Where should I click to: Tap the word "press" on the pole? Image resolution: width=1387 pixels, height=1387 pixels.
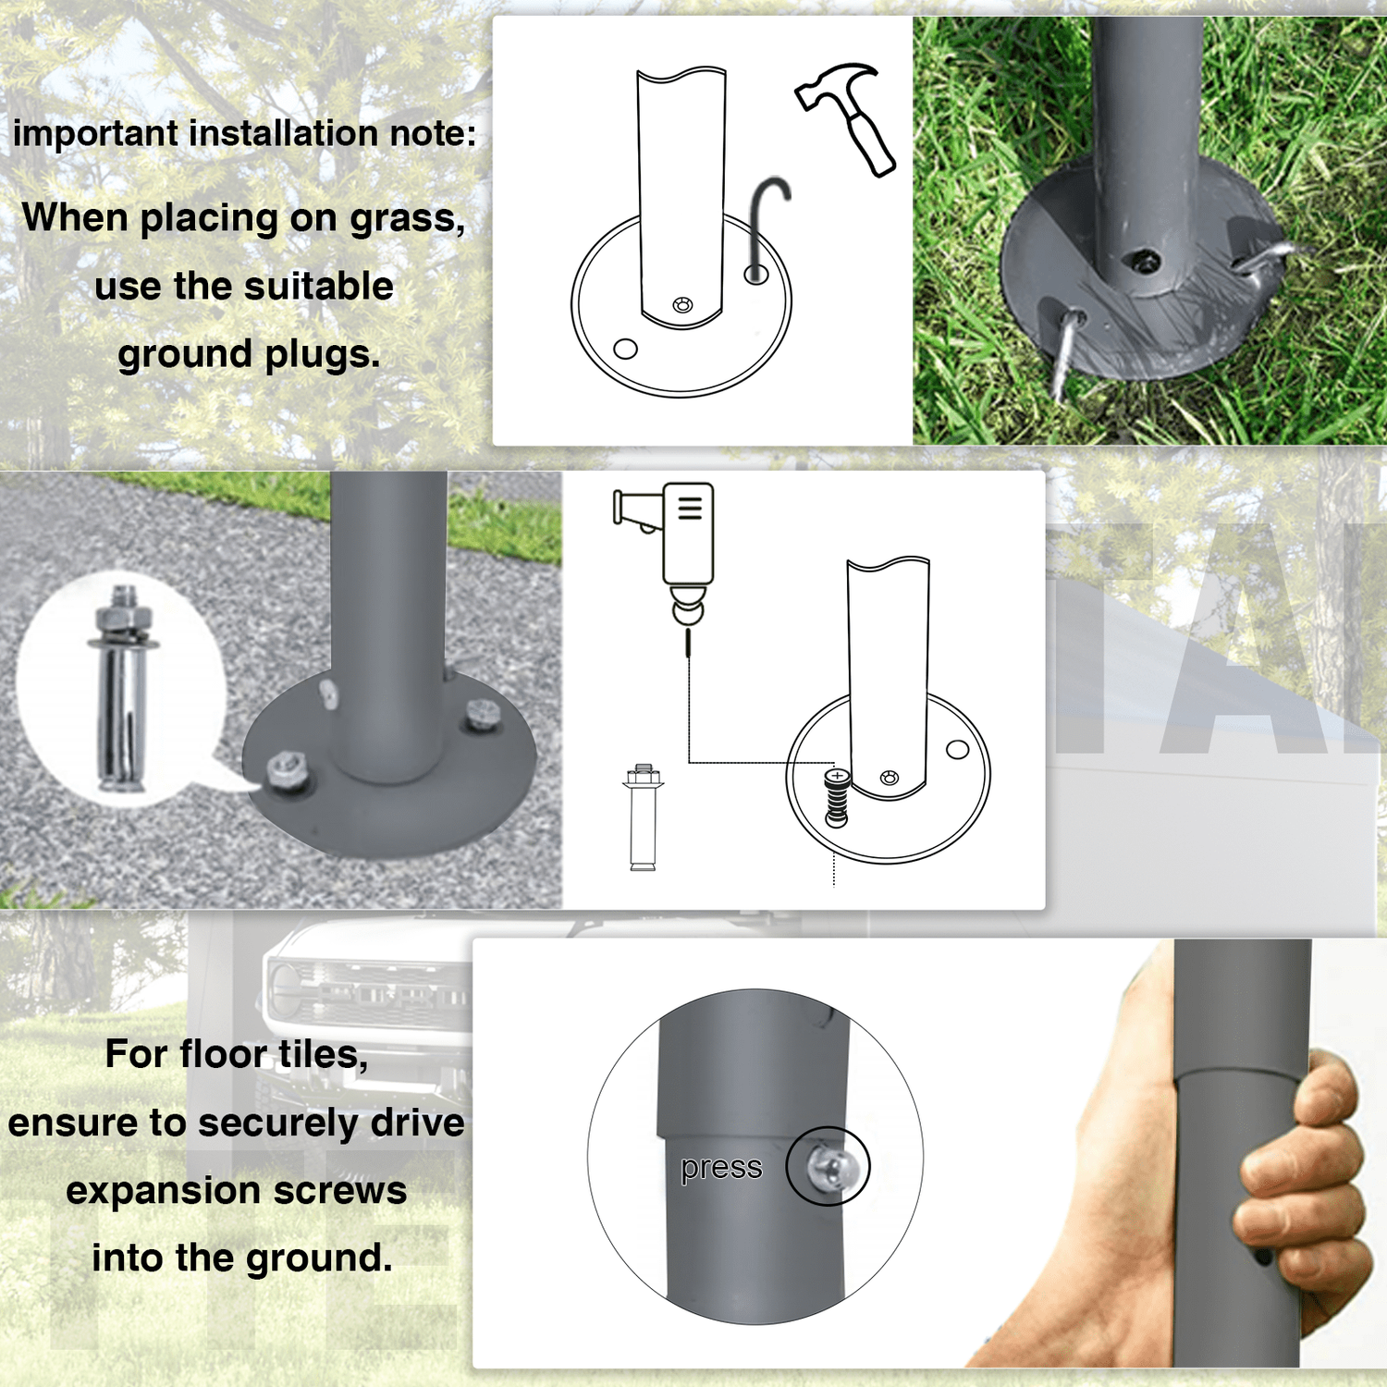[x=721, y=1169]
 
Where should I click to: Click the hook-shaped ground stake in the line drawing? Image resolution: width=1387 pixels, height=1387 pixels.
[x=767, y=227]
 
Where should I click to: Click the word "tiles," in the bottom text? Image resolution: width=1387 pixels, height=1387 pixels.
[x=323, y=1055]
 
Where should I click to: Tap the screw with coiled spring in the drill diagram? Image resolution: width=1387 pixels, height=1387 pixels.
[x=837, y=796]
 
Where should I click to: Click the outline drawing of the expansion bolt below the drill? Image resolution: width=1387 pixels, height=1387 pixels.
[x=644, y=816]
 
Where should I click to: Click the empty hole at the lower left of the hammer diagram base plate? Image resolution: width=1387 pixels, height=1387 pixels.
[x=626, y=349]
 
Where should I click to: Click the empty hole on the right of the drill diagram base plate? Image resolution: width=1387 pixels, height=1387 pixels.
[x=958, y=750]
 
